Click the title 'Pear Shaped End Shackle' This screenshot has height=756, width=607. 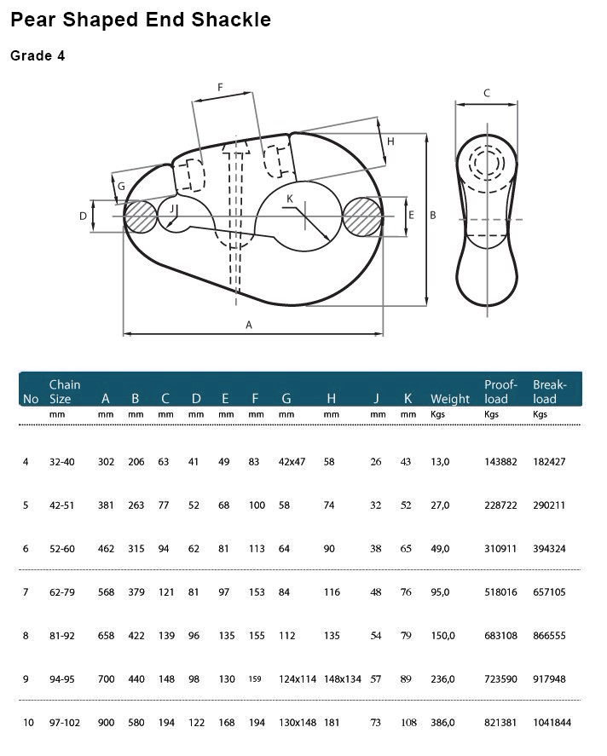[x=141, y=20]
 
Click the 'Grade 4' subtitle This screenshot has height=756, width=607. [x=38, y=56]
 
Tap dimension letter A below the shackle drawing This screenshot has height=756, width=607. [x=249, y=326]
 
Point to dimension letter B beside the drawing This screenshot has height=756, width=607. [x=433, y=216]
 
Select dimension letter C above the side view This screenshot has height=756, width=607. [x=487, y=93]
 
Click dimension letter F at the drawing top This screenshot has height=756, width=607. [x=220, y=87]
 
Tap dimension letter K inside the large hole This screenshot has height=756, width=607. [x=290, y=199]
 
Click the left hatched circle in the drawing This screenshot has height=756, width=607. [x=140, y=217]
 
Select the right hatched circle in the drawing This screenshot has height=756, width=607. [x=362, y=216]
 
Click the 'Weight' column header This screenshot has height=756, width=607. [x=450, y=399]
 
